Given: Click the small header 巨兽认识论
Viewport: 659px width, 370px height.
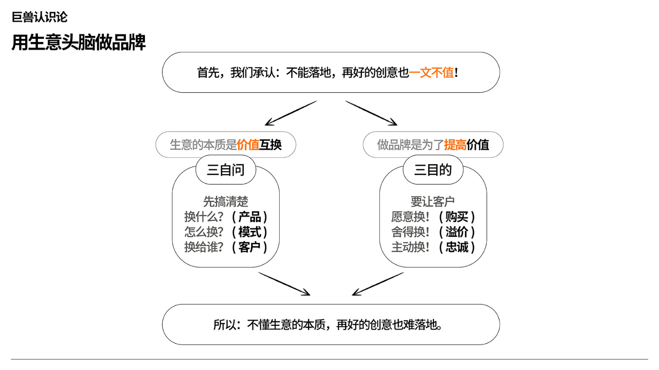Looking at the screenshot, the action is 40,17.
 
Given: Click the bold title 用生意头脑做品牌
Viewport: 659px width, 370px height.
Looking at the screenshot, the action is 79,43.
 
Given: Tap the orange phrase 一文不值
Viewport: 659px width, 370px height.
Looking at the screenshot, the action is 431,72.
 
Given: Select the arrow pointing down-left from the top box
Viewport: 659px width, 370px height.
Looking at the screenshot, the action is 291,113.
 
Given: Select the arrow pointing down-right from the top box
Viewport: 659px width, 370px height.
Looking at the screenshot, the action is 371,113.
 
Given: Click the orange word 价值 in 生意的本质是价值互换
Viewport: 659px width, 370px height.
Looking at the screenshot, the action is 248,145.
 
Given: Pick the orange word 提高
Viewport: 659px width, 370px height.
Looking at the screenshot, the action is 455,145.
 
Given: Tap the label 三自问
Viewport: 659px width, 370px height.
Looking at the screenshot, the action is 226,170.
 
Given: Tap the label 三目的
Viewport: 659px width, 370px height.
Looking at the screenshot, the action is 433,170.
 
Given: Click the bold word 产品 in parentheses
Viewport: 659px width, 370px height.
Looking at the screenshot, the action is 250,217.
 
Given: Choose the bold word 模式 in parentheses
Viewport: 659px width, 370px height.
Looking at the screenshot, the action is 250,232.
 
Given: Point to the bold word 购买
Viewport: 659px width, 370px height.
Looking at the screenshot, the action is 457,217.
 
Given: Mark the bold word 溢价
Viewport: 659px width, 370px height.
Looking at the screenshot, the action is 457,232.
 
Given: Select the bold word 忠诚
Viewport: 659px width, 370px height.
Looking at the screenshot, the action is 457,247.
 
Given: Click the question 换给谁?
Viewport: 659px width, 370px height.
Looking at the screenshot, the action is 204,247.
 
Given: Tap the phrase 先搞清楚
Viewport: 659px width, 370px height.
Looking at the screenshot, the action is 226,202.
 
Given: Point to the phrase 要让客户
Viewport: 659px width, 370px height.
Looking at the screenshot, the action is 433,202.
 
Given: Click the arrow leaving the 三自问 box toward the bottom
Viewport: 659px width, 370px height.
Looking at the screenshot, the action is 284,284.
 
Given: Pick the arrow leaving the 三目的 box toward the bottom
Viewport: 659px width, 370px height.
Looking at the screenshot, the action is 378,284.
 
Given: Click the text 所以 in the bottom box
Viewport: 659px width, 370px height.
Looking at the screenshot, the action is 224,325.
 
